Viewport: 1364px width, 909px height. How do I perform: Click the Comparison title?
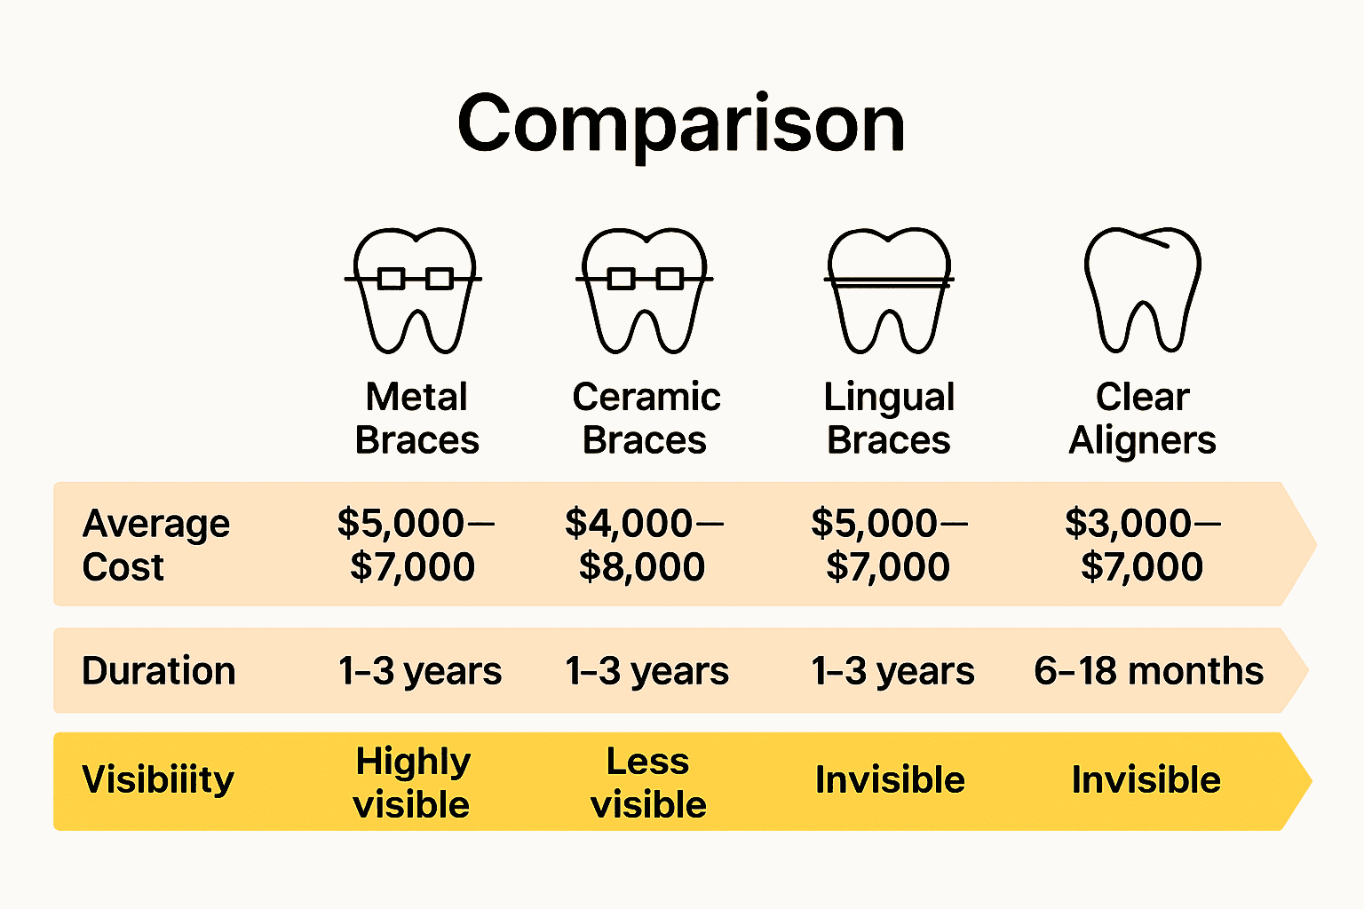point(681,124)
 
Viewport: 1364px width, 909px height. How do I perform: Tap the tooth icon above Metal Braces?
point(414,290)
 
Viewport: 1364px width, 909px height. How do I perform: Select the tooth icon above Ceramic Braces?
point(645,290)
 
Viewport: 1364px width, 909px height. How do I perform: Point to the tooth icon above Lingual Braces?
point(889,290)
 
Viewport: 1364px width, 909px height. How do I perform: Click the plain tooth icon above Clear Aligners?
point(1143,290)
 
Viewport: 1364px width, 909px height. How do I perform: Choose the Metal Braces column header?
point(416,418)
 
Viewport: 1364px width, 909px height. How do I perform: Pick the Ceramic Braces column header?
point(646,418)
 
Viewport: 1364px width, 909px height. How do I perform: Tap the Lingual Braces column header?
point(889,418)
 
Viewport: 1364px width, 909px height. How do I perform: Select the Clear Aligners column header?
point(1142,418)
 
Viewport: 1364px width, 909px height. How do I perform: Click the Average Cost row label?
point(155,544)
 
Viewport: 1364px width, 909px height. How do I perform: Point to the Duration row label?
point(159,671)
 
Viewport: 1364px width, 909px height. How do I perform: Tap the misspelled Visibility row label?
point(158,780)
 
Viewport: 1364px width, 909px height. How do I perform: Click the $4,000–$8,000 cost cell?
point(643,544)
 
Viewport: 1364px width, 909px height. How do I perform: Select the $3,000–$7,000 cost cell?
point(1142,544)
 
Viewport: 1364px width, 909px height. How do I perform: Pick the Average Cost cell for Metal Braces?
point(415,544)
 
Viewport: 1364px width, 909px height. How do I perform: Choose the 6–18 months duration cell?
point(1148,671)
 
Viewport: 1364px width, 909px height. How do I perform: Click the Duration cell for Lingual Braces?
point(892,671)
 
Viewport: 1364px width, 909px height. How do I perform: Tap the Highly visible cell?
point(412,782)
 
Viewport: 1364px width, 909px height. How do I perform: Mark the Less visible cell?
point(648,782)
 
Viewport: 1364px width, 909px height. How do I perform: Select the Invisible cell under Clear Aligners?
point(1146,780)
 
